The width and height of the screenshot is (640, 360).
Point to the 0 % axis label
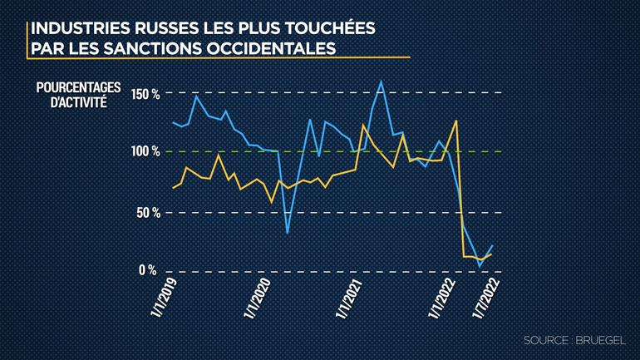[x=149, y=270]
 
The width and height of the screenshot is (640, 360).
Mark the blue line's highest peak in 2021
[x=381, y=81]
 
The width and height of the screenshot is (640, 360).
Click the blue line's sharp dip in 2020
[x=287, y=232]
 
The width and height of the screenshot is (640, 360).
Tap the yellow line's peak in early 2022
[x=456, y=121]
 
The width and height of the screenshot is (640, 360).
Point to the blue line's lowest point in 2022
[x=480, y=265]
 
